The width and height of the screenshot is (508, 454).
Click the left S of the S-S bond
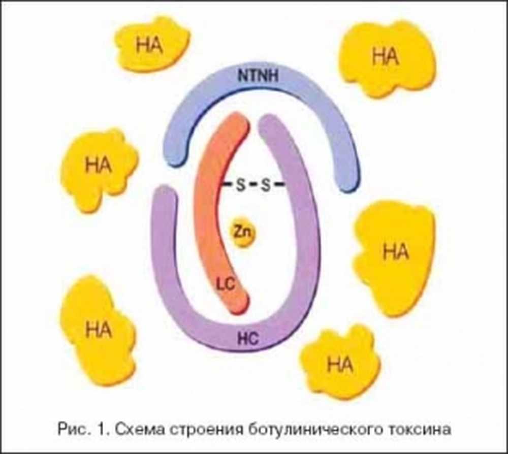(x=240, y=185)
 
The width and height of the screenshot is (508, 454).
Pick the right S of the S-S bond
(x=265, y=185)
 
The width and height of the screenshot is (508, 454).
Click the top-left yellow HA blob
(x=150, y=45)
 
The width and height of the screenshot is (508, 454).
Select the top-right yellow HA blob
(x=386, y=57)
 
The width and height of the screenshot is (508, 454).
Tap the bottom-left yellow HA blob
(x=98, y=330)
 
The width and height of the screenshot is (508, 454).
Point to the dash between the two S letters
(x=253, y=185)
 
